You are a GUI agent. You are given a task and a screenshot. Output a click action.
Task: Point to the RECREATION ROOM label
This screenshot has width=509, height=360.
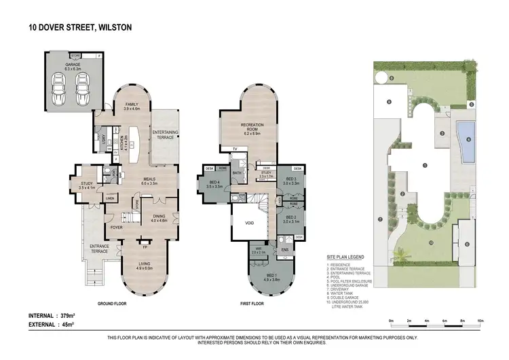(x=252, y=128)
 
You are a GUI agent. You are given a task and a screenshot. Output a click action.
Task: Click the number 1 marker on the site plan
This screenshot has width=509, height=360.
(x=424, y=165)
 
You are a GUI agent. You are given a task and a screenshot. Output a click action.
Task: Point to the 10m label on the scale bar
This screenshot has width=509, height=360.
(x=480, y=320)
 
